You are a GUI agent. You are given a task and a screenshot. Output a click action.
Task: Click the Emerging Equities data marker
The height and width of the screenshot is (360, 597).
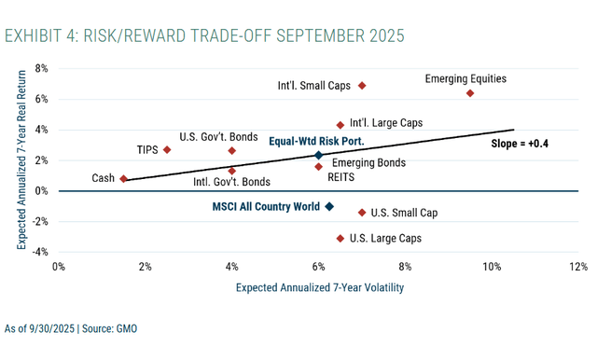(x=470, y=93)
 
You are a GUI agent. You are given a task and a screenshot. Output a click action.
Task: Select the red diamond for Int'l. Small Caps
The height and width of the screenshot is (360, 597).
(x=362, y=86)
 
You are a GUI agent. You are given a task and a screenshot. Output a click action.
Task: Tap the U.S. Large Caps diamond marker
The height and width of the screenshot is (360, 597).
(x=340, y=238)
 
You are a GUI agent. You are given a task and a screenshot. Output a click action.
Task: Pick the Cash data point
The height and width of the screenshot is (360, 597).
(x=123, y=178)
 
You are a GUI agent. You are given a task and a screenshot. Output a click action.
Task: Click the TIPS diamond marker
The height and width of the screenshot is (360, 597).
(x=167, y=149)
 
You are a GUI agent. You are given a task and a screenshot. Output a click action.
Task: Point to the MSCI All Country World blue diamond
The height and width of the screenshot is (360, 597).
(x=329, y=206)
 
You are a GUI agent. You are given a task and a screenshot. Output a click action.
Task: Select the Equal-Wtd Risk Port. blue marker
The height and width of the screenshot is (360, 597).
(x=318, y=156)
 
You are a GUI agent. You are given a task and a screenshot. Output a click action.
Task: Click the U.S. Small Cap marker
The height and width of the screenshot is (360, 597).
(x=362, y=213)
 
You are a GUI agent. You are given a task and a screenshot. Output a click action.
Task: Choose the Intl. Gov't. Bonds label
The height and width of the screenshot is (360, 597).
(x=232, y=182)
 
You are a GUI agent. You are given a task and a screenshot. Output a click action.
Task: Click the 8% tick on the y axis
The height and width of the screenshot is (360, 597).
(x=42, y=68)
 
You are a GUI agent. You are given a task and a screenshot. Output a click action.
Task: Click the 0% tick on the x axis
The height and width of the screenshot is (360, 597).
(x=58, y=267)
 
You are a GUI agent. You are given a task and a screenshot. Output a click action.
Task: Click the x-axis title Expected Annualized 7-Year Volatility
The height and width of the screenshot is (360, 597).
(x=319, y=288)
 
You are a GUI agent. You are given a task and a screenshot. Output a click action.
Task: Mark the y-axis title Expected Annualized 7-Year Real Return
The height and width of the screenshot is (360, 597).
(x=21, y=159)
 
